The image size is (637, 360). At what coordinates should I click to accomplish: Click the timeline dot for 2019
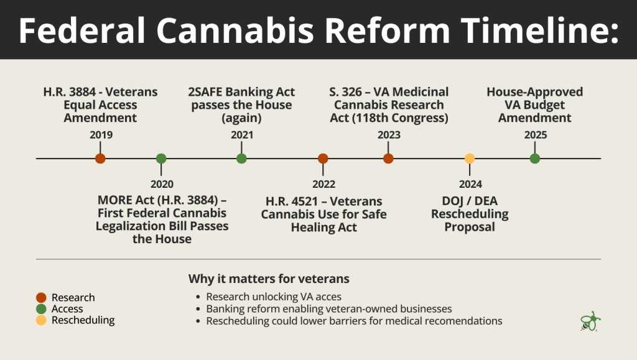coord(100,159)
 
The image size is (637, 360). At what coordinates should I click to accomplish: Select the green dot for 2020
coord(161,159)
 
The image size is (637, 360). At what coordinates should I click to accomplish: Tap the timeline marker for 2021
coord(241,159)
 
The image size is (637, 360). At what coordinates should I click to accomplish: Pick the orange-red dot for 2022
coord(323,159)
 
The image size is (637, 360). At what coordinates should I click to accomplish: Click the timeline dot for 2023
coord(388,159)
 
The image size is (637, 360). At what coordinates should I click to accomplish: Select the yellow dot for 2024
coord(470,159)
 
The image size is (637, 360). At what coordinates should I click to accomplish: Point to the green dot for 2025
coord(534,159)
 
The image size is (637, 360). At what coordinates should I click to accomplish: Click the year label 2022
coord(323,184)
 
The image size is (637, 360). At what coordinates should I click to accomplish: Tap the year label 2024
coord(470,184)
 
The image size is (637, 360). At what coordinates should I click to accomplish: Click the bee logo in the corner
coord(590,321)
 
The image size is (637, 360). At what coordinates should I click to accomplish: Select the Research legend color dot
coord(42,298)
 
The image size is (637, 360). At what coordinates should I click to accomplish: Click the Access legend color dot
coord(42,309)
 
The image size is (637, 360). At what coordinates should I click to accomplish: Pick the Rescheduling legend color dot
coord(42,320)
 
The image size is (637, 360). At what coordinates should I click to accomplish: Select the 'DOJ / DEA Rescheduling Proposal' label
coord(470,214)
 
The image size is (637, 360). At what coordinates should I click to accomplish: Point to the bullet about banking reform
coord(329,309)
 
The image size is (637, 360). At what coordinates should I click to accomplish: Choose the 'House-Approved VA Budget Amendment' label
coord(534,104)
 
